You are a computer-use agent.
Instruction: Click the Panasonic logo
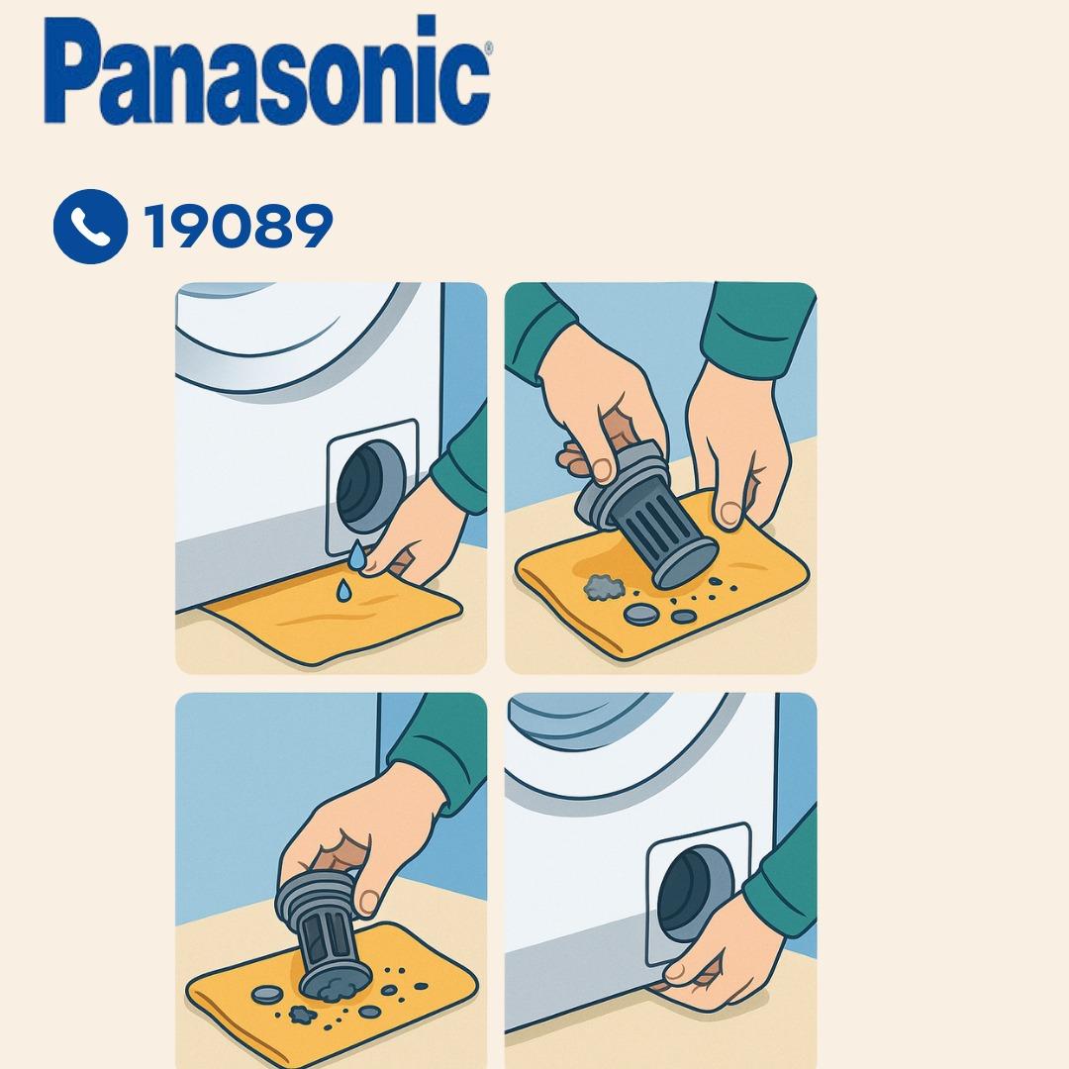coord(267,69)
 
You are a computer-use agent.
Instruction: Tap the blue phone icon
coord(90,227)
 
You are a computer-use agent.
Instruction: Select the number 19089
coord(238,226)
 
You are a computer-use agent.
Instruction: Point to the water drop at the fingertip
coord(356,556)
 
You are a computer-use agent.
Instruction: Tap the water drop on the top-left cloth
coord(343,590)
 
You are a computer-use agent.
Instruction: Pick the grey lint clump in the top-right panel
coord(605,587)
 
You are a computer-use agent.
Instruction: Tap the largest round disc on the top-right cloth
coord(641,614)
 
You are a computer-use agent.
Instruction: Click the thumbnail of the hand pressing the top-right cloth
coord(730,514)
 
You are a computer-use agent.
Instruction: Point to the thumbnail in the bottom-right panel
coord(676,972)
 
